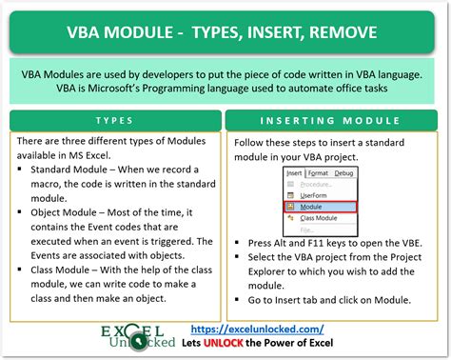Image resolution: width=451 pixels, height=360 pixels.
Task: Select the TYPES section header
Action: [114, 122]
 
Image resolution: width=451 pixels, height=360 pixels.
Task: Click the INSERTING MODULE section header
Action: [334, 122]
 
